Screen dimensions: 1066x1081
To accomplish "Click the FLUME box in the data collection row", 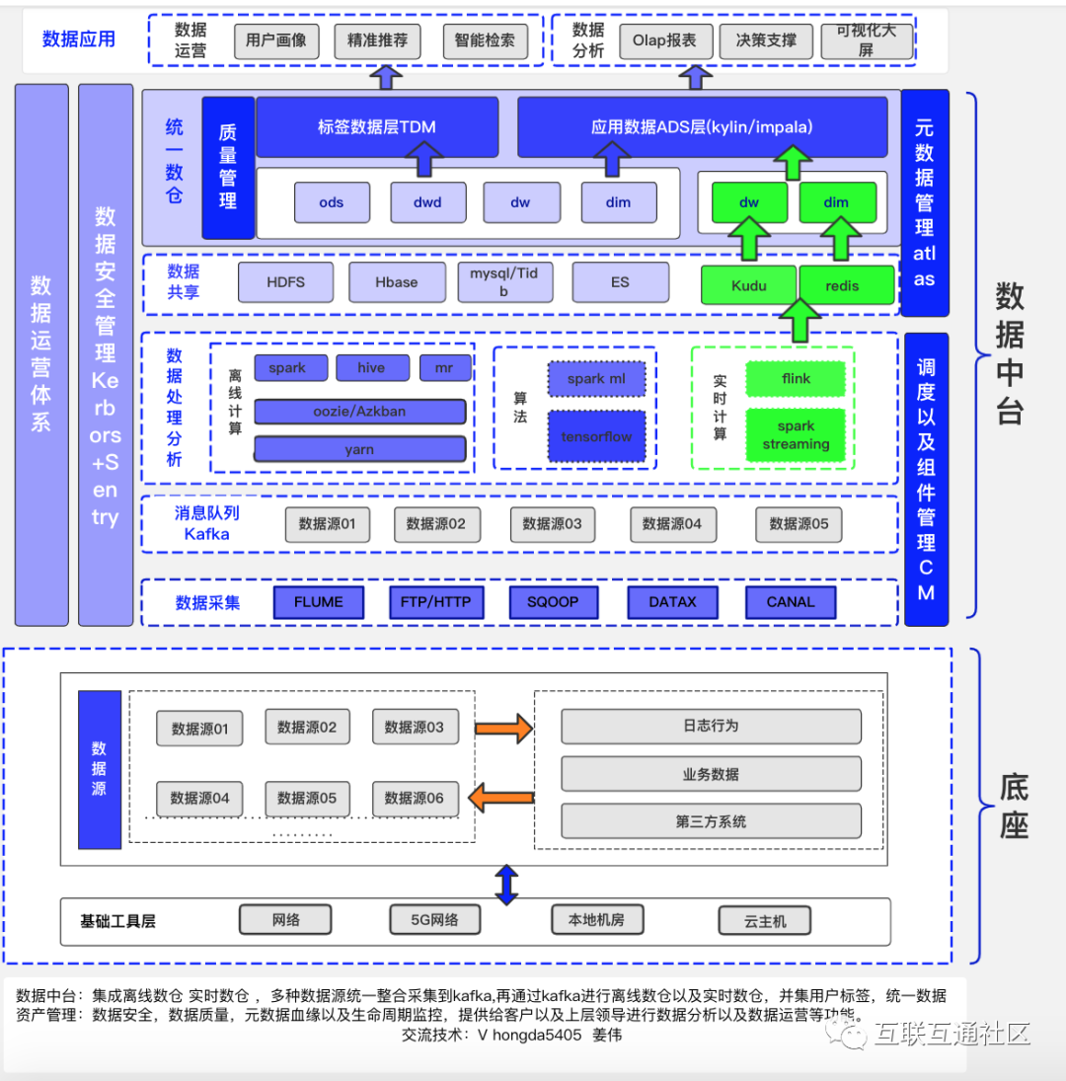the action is point(319,602).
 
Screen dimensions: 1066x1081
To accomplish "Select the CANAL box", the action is point(791,602).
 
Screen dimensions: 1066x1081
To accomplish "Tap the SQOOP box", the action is point(553,602).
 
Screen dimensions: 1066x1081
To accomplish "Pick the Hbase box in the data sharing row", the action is point(396,282).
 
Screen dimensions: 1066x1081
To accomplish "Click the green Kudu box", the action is point(748,285).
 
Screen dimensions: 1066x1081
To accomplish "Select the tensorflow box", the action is point(597,436).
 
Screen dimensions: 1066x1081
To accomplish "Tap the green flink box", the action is point(796,378).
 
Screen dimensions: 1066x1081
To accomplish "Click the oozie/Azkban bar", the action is point(359,412).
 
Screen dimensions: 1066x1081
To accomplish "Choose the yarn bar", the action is point(359,449).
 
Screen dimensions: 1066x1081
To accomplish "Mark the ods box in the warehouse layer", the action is point(332,202).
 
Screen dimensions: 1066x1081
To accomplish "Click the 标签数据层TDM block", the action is point(377,126).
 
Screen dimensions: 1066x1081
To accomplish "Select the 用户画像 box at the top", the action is point(276,40).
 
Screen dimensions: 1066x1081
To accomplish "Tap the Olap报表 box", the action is point(664,40).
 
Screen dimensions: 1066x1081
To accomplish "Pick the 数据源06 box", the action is point(415,799).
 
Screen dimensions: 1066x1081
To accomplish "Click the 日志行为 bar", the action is point(711,726).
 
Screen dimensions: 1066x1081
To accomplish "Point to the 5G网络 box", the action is point(435,920).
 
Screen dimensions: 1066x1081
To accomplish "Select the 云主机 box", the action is point(764,921).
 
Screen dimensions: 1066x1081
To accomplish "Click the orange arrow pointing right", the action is point(503,728).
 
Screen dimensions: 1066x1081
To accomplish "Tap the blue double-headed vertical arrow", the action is point(506,886).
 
